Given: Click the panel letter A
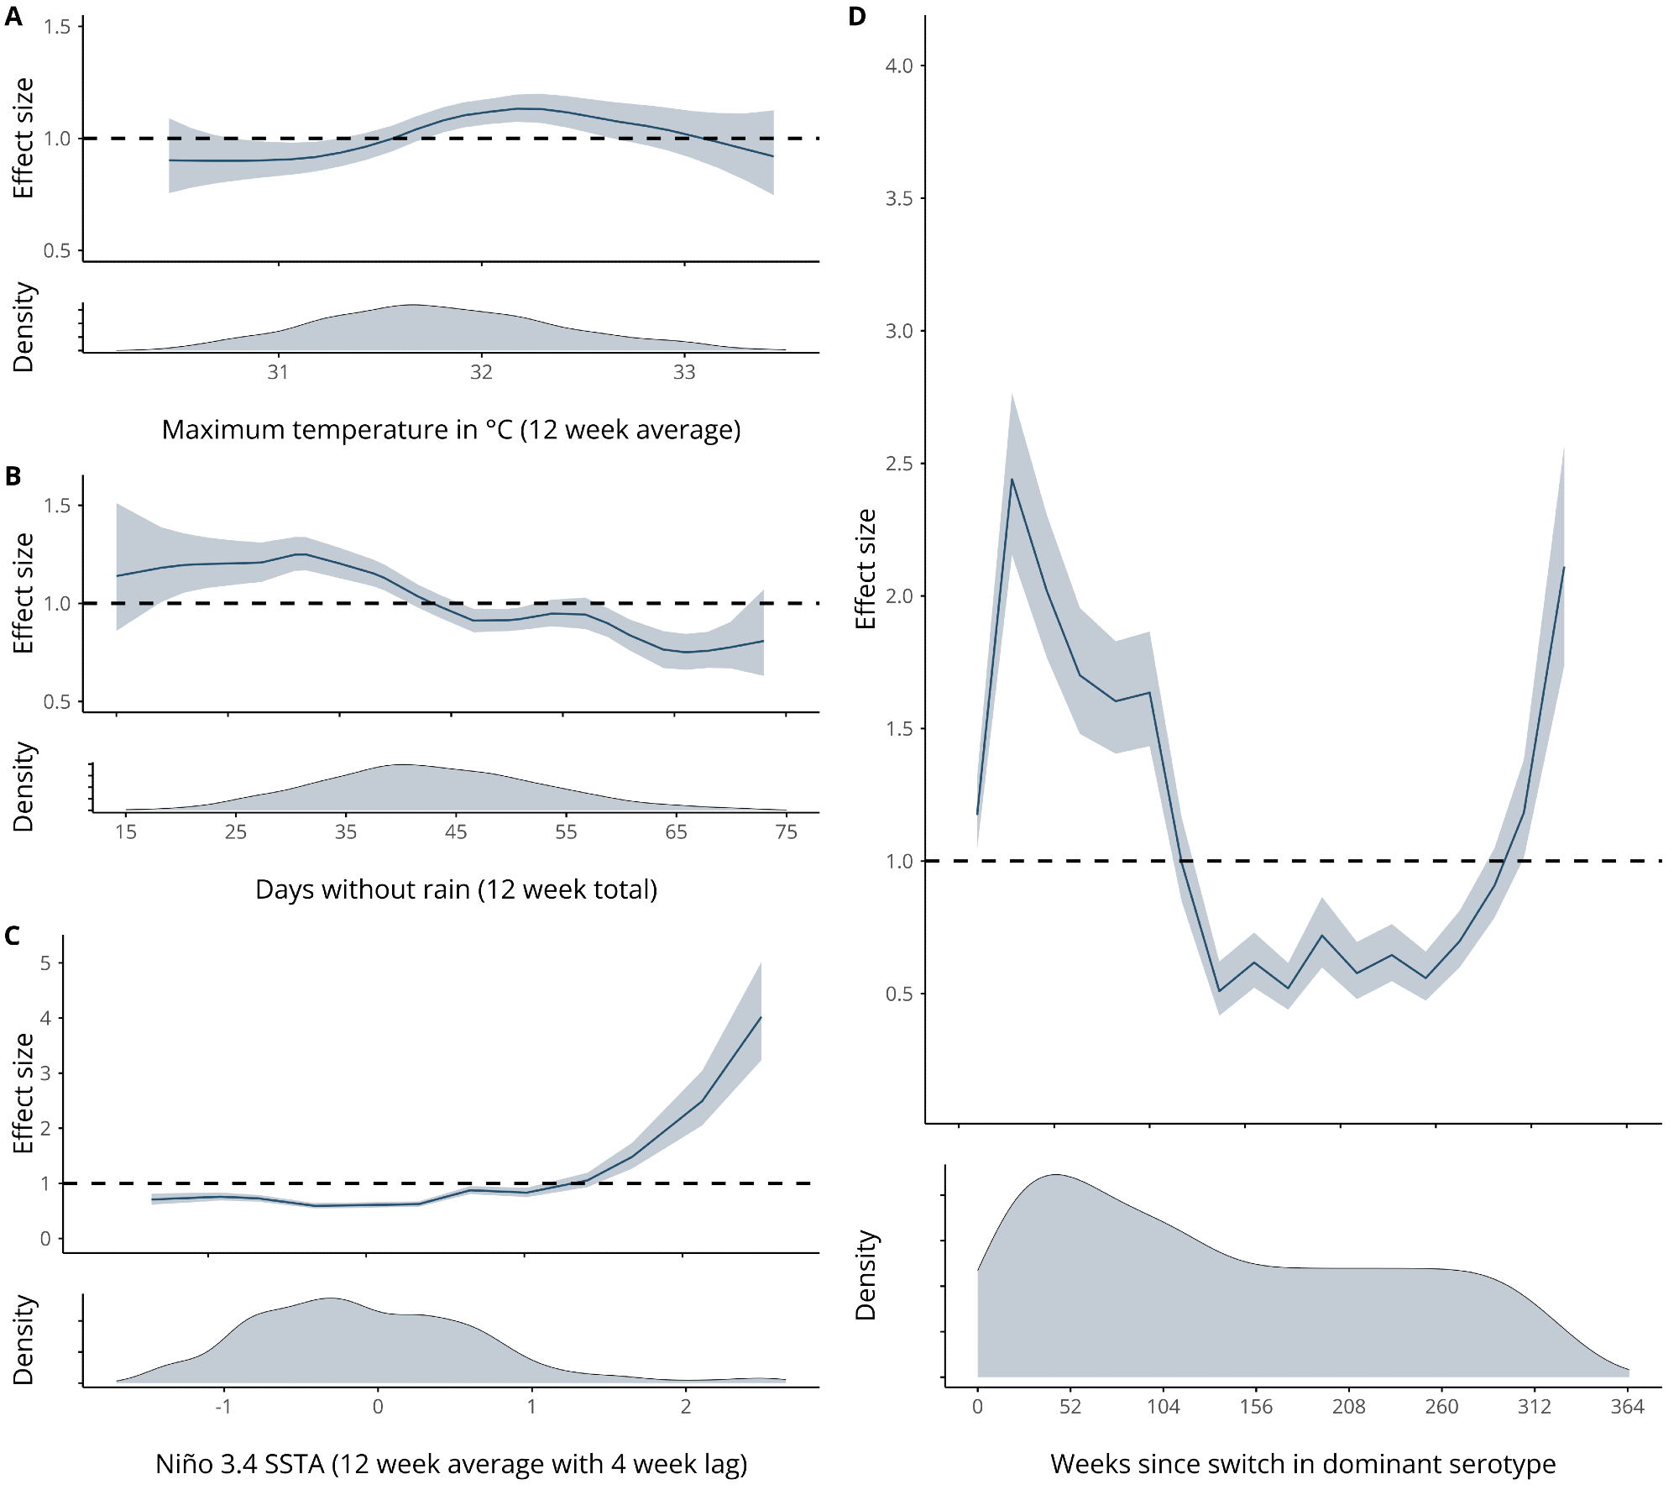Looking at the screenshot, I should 13,17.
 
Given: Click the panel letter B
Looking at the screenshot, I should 13,476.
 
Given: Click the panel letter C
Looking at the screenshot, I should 13,936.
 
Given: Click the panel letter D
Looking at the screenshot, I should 857,17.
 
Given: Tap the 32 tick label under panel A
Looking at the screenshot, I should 481,372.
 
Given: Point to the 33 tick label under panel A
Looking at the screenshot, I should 684,372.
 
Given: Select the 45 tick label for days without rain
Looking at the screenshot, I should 456,831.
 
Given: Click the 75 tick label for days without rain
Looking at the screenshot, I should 786,831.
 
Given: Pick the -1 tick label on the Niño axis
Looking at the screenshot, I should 222,1406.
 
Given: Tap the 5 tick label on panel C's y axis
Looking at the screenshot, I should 45,963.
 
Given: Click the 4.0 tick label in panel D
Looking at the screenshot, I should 899,66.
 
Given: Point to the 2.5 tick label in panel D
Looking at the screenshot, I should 899,464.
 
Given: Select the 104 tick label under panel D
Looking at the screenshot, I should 1164,1406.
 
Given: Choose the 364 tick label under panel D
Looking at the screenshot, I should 1627,1406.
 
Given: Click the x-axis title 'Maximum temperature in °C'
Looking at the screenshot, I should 451,430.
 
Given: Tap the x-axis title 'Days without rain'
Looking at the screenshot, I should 456,889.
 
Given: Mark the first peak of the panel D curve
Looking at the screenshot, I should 1012,480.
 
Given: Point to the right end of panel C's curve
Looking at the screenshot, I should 761,1017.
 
